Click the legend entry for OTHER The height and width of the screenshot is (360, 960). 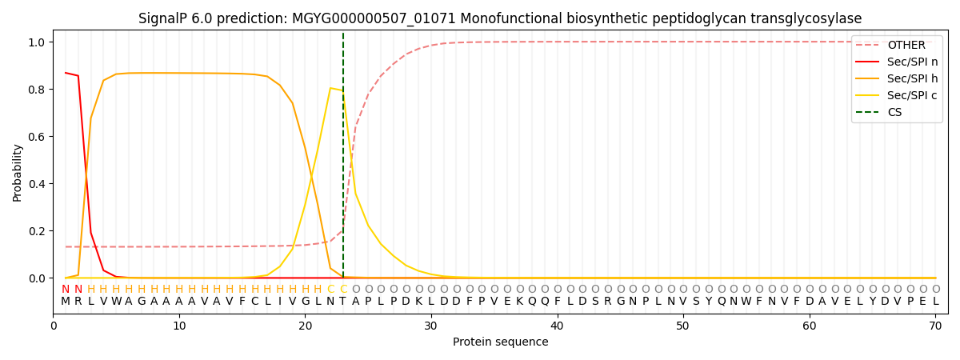click(897, 45)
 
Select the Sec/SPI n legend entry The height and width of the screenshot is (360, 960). click(897, 62)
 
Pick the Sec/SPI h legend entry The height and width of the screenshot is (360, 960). click(897, 78)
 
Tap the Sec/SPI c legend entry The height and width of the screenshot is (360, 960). click(897, 95)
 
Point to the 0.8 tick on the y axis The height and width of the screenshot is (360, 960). click(37, 90)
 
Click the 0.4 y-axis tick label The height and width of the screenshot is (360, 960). click(37, 184)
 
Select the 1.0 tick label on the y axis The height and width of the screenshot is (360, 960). click(37, 42)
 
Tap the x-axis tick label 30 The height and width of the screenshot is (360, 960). click(430, 326)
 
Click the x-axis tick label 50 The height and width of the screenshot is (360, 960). click(682, 326)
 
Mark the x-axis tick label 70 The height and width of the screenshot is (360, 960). click(935, 326)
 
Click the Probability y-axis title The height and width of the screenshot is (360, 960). click(17, 173)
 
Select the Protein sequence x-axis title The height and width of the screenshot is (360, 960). click(501, 342)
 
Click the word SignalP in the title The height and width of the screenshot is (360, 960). click(163, 19)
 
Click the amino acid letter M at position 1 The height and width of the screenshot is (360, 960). click(65, 302)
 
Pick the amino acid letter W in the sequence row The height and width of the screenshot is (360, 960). click(116, 302)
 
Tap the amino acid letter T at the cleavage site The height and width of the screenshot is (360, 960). click(343, 302)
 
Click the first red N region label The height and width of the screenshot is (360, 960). click(65, 290)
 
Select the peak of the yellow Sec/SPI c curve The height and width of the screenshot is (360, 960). click(330, 88)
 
